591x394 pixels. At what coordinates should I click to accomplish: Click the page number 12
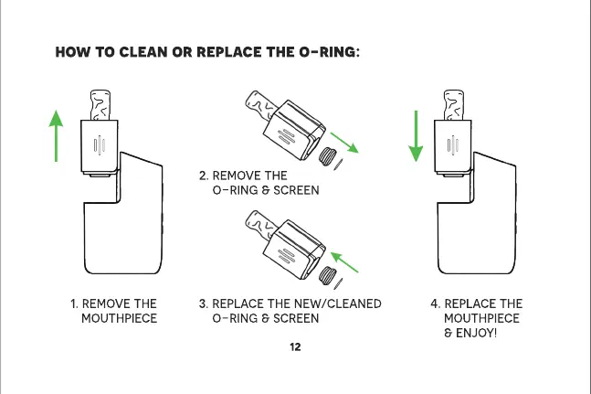point(295,348)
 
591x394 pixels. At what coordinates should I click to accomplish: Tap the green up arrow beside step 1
point(57,133)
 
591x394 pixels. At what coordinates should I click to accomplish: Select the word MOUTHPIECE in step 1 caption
point(120,318)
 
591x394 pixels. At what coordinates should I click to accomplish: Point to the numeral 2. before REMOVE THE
point(204,175)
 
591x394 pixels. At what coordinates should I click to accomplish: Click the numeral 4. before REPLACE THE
point(436,303)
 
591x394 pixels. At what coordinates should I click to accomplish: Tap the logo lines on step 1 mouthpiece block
point(100,146)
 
